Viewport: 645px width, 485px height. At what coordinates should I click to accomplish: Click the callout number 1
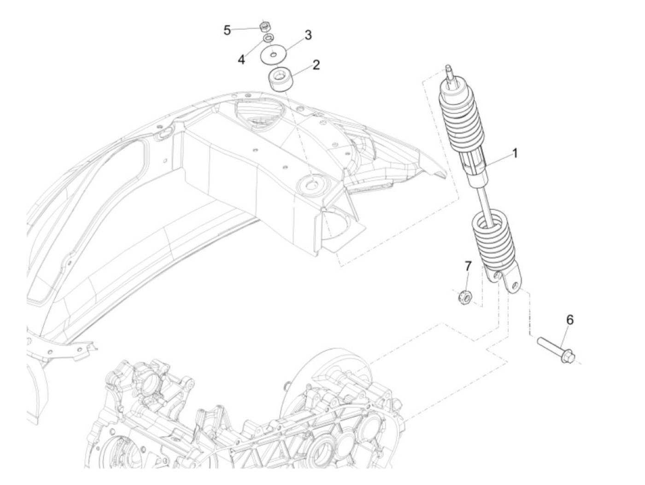pyautogui.click(x=515, y=153)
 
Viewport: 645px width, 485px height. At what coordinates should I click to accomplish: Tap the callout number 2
pyautogui.click(x=316, y=65)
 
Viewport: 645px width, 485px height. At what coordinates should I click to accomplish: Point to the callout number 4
pyautogui.click(x=241, y=59)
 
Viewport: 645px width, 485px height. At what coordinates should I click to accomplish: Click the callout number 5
pyautogui.click(x=227, y=30)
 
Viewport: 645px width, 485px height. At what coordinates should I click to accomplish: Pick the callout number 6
pyautogui.click(x=570, y=319)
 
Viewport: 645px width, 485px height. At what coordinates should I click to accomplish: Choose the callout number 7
pyautogui.click(x=468, y=266)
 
